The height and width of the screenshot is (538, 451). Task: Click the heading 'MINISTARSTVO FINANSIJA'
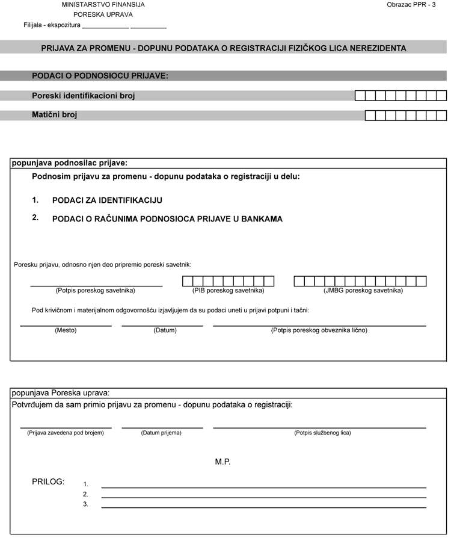(x=103, y=4)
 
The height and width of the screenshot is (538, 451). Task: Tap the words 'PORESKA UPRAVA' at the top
(x=103, y=14)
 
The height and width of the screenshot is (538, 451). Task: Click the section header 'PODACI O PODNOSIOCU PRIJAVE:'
(x=100, y=76)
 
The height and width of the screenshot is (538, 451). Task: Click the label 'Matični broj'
(x=55, y=114)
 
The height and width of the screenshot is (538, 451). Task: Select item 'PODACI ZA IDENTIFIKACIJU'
(x=108, y=200)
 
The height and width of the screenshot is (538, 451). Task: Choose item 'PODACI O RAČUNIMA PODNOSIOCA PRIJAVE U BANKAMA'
(x=168, y=219)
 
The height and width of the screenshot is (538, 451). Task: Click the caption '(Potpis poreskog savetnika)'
(x=96, y=290)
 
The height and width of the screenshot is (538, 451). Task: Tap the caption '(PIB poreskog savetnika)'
(x=229, y=290)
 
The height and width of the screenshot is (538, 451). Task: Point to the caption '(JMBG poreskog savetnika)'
(x=363, y=290)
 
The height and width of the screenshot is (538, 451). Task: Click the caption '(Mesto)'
(x=66, y=330)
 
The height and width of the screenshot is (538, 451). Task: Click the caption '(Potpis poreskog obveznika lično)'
(x=319, y=330)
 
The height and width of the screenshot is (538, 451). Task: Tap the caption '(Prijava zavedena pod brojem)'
(x=66, y=433)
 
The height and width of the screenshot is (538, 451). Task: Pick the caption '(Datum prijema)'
(x=161, y=433)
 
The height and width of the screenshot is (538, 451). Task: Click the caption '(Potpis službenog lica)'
(x=322, y=433)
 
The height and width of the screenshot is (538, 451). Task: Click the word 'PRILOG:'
(x=48, y=481)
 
